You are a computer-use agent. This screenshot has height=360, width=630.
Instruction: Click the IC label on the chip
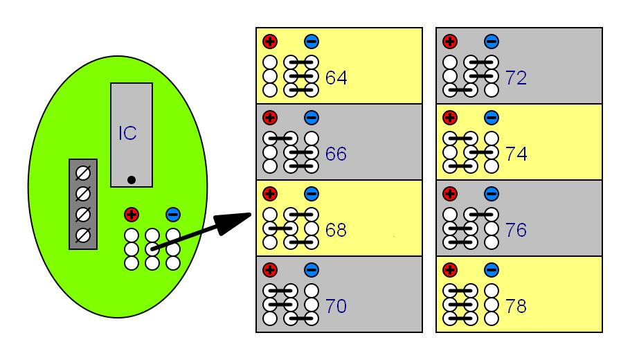127,134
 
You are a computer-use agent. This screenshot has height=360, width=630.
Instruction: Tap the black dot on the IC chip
132,180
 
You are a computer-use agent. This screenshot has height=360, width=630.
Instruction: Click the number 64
336,78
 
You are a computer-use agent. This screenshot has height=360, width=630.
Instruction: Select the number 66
336,154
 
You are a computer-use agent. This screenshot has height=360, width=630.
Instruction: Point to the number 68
336,231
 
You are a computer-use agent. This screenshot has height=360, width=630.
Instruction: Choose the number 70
336,307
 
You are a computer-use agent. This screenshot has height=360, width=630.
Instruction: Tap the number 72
516,78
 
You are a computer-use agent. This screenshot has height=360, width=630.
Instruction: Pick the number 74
516,154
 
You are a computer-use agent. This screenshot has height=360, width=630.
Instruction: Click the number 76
516,231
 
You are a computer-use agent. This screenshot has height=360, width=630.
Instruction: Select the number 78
516,307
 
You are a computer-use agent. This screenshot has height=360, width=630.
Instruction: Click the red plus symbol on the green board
132,215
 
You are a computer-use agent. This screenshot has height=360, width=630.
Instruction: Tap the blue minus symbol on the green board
173,215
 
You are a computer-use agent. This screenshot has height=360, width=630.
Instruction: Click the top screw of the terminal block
83,172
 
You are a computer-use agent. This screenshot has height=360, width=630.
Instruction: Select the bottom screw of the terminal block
83,235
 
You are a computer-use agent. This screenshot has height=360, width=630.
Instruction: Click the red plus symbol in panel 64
270,42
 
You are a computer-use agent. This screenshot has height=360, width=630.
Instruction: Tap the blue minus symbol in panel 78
492,270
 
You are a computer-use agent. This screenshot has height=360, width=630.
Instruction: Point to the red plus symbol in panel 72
450,42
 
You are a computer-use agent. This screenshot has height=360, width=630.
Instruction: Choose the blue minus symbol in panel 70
312,270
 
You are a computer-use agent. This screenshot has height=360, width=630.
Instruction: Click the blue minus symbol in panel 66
312,118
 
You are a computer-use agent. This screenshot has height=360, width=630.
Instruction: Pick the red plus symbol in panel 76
450,194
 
